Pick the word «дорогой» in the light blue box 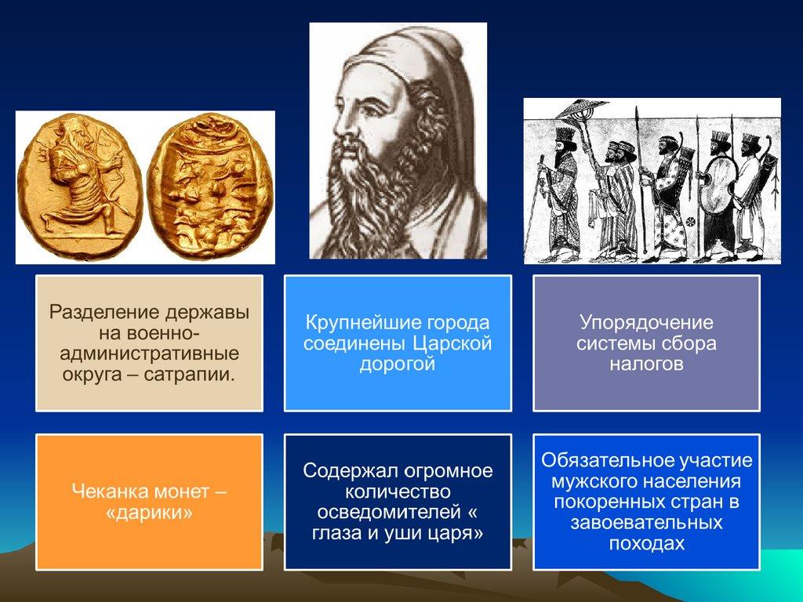pyautogui.click(x=398, y=364)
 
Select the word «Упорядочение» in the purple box pyautogui.click(x=646, y=322)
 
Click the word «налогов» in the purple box pyautogui.click(x=646, y=364)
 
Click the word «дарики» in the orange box pyautogui.click(x=149, y=513)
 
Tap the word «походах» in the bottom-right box pyautogui.click(x=646, y=544)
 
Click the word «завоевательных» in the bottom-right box pyautogui.click(x=646, y=523)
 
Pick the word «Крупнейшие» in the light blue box pyautogui.click(x=359, y=322)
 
